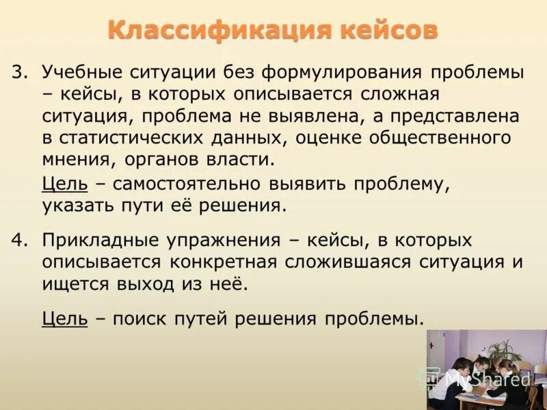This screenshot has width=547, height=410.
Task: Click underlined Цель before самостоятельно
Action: (64, 184)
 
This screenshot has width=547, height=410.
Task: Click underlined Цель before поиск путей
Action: (64, 318)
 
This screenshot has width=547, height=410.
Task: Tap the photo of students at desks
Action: (487, 369)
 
